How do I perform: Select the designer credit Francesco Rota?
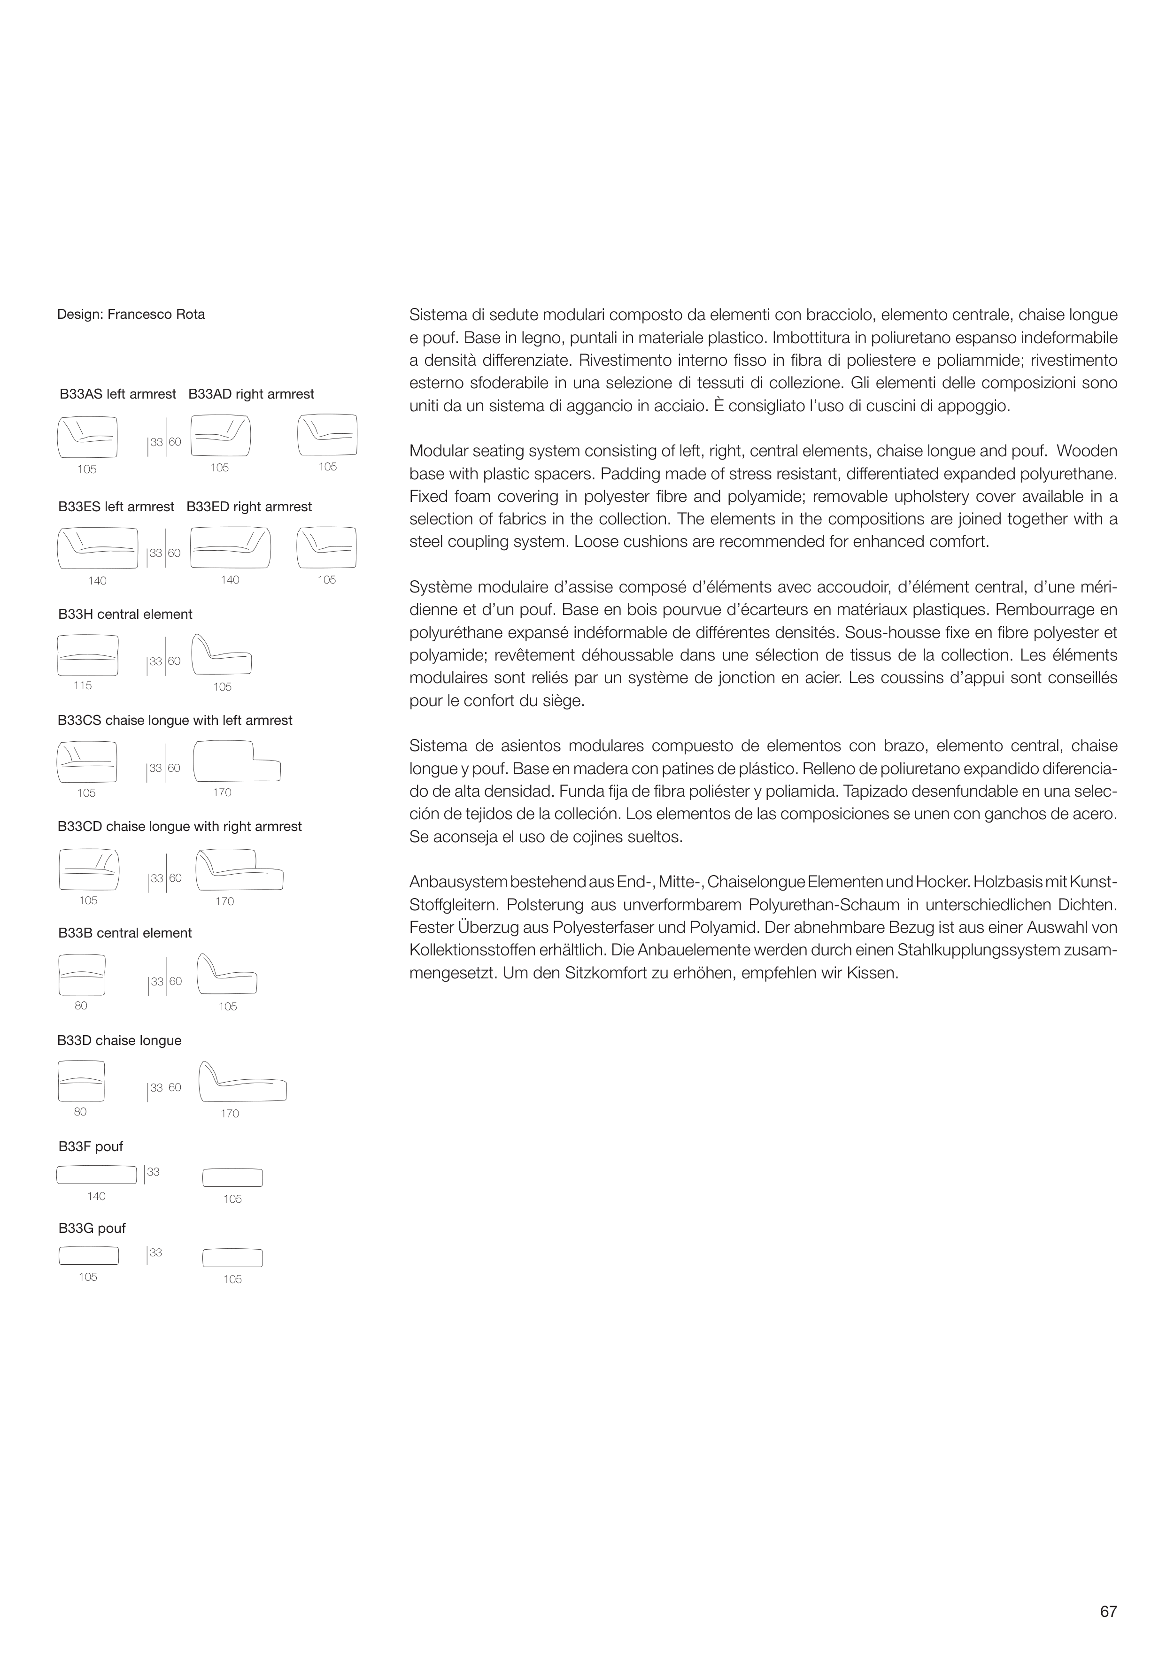(x=131, y=315)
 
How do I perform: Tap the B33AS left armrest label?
(x=118, y=394)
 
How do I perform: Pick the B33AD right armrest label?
(x=251, y=394)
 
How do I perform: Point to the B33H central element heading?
(x=125, y=614)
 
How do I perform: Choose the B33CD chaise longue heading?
(x=179, y=826)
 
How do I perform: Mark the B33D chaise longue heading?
(x=119, y=1040)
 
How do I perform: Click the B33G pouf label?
(x=92, y=1229)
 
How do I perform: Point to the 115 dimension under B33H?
(x=83, y=685)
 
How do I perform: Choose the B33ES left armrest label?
(x=116, y=507)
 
